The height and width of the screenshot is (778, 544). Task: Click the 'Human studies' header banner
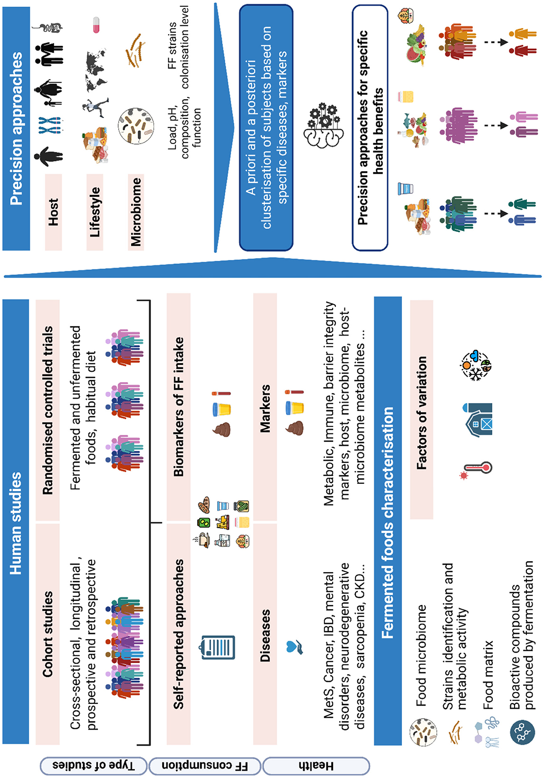point(16,523)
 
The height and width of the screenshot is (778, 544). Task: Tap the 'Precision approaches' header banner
point(16,128)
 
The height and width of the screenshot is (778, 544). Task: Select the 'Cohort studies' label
point(48,634)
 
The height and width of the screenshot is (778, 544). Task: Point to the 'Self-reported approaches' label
point(179,634)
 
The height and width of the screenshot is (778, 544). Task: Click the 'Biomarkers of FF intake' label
point(179,407)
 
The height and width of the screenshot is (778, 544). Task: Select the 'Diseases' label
point(265,635)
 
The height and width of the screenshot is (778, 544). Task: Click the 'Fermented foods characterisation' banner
point(388,523)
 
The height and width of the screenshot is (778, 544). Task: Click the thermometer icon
point(477,469)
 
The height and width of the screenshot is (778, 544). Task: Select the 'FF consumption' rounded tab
point(205,765)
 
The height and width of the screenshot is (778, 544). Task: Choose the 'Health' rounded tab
point(316,765)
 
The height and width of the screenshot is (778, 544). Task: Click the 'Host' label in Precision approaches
point(53,212)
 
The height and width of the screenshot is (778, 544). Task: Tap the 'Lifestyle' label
point(95,212)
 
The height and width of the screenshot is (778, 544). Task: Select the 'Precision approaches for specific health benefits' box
point(370,127)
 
